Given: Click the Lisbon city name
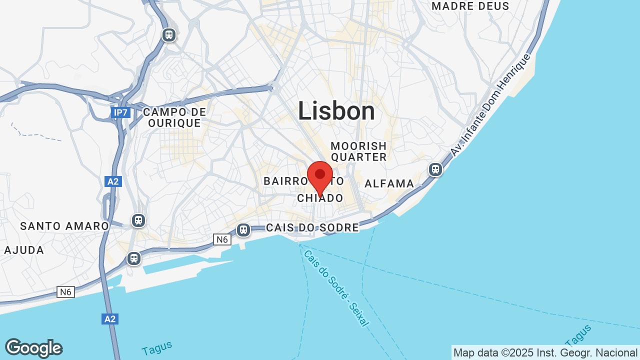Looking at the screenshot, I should click(336, 111).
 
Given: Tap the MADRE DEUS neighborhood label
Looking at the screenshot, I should click(470, 6).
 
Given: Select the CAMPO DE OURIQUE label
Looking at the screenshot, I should click(174, 117).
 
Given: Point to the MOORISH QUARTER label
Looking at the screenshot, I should click(358, 151).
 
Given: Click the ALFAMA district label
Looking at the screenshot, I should click(389, 183).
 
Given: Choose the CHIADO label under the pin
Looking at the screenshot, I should click(320, 198).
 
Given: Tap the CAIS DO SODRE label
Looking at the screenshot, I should click(312, 228).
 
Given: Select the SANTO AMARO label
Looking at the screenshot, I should click(64, 226).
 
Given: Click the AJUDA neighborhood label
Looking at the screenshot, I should click(24, 250).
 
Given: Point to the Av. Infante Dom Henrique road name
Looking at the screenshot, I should click(489, 105).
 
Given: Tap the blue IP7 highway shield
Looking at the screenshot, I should click(120, 112).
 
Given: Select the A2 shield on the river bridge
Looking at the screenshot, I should click(110, 318).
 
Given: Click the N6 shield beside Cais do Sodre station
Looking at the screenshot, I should click(222, 239).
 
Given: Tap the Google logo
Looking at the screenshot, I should click(33, 348).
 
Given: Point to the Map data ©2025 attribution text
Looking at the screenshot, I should click(545, 352).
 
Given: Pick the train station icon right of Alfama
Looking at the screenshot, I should click(435, 169).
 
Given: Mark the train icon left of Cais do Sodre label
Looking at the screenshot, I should click(243, 229).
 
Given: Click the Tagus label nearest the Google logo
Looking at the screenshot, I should click(157, 347).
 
